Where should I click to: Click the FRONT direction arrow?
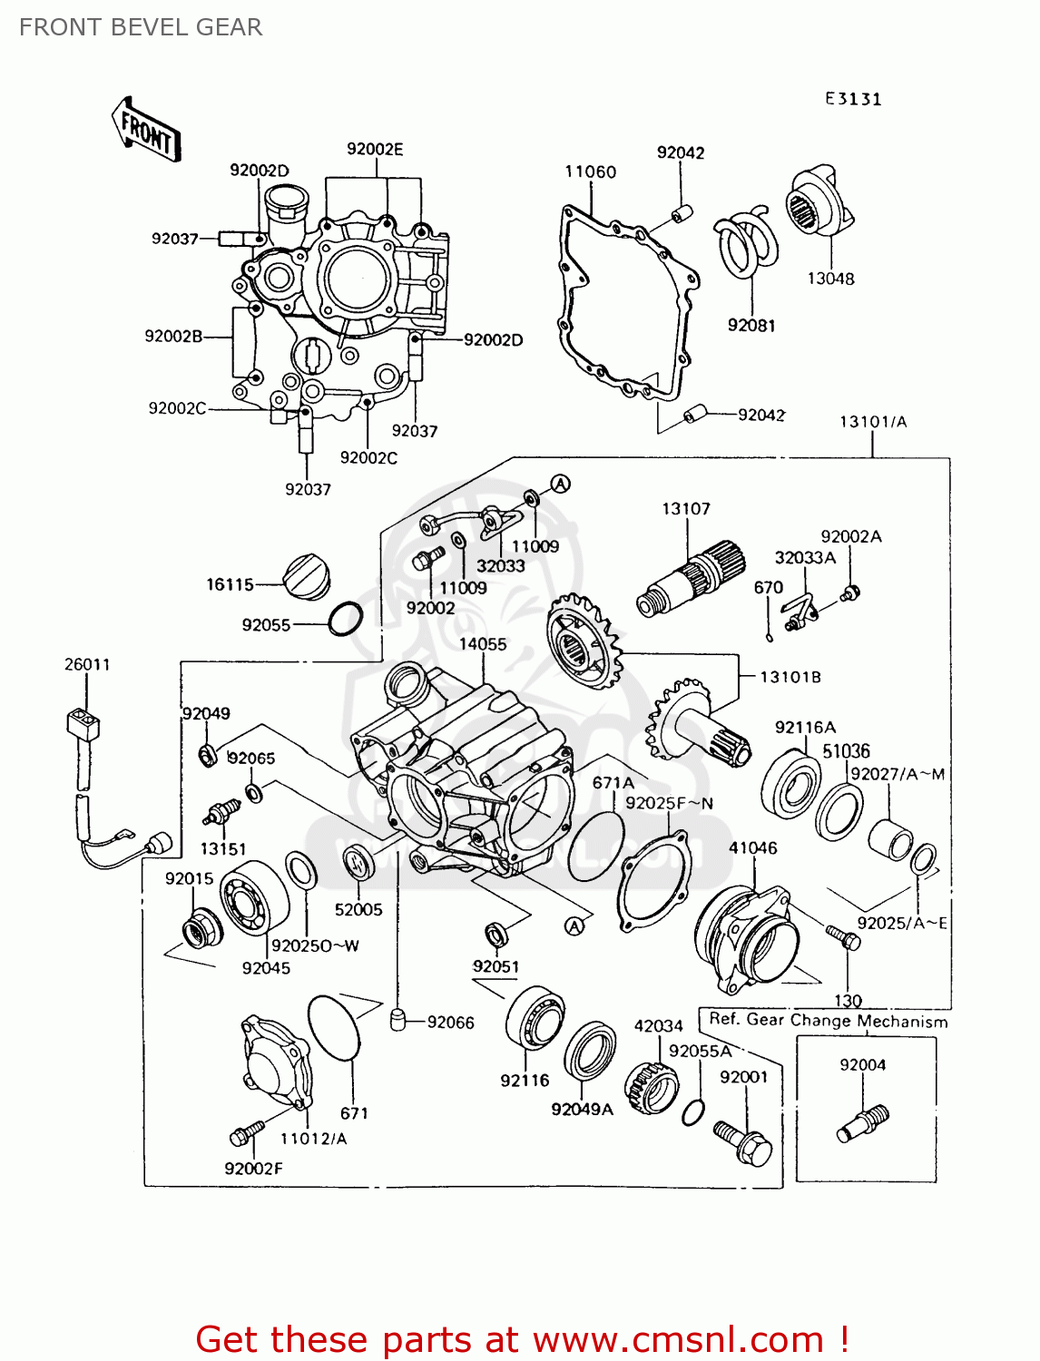(x=146, y=132)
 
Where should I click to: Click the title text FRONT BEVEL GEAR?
(x=141, y=27)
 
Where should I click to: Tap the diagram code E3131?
(x=853, y=99)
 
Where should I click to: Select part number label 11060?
(x=590, y=171)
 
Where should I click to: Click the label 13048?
(x=830, y=279)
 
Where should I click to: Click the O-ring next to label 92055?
(x=345, y=619)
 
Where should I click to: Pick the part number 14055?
(x=483, y=644)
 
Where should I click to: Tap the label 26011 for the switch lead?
(x=87, y=664)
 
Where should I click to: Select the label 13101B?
(x=790, y=677)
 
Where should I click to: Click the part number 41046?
(x=753, y=847)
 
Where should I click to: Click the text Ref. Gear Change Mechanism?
(x=828, y=1020)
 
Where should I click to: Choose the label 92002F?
(x=253, y=1169)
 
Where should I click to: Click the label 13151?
(x=223, y=848)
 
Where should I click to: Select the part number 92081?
(x=751, y=325)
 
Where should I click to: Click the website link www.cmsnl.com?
(x=678, y=1339)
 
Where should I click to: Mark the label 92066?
(x=450, y=1023)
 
